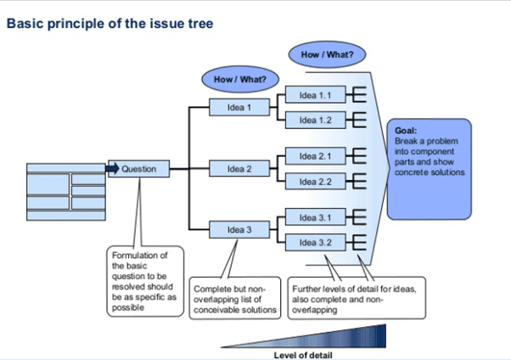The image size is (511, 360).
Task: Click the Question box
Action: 138,169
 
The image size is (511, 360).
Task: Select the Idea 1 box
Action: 239,108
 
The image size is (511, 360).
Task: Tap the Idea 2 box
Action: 239,169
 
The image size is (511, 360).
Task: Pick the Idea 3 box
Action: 239,230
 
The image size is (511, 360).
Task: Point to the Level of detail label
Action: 302,353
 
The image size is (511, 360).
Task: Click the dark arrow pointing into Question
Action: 112,169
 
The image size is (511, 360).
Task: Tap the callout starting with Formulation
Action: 144,281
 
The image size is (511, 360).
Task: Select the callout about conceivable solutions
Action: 235,298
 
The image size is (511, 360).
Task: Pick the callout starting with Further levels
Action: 354,298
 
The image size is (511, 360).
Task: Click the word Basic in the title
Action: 25,23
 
